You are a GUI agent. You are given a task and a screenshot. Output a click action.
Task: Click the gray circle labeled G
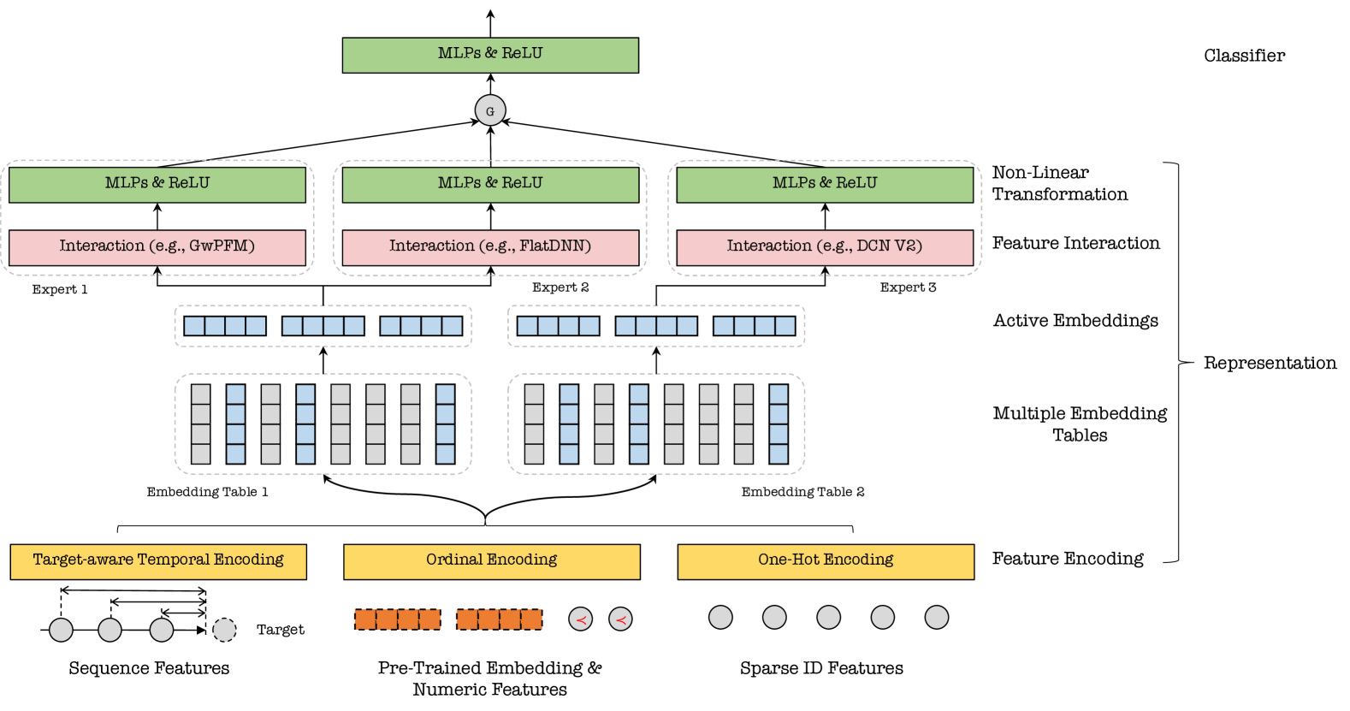[490, 110]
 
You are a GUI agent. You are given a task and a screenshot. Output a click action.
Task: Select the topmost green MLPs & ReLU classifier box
[490, 55]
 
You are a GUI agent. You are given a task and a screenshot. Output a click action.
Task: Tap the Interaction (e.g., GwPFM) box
[157, 247]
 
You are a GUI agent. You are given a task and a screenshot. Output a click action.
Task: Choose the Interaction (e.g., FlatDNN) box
[490, 247]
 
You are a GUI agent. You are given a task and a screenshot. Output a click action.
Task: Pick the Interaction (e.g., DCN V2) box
[825, 247]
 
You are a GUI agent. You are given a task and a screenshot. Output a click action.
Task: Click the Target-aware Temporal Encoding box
[158, 561]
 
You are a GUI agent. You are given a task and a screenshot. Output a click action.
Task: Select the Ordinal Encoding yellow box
[492, 561]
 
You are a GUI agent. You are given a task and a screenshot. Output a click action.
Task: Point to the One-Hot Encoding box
[826, 561]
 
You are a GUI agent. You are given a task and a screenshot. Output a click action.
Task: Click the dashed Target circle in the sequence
[224, 630]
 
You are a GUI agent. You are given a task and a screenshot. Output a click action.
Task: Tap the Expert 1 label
[60, 290]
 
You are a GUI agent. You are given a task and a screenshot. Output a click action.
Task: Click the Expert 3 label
[908, 287]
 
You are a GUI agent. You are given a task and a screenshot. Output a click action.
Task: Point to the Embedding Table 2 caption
[802, 492]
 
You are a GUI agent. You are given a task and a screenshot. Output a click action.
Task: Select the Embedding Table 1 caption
[207, 492]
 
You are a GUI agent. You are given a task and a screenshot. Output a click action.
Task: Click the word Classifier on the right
[1244, 56]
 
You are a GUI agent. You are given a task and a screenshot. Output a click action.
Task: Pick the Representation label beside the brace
[1270, 363]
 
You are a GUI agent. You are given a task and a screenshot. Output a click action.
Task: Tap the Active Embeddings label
[1075, 321]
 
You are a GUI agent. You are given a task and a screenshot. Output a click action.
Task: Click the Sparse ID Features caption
[821, 668]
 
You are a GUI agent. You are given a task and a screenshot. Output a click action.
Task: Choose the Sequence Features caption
[149, 668]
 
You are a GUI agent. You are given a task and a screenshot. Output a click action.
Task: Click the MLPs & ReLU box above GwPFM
[157, 185]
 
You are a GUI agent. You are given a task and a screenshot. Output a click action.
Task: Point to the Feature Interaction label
[1075, 244]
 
